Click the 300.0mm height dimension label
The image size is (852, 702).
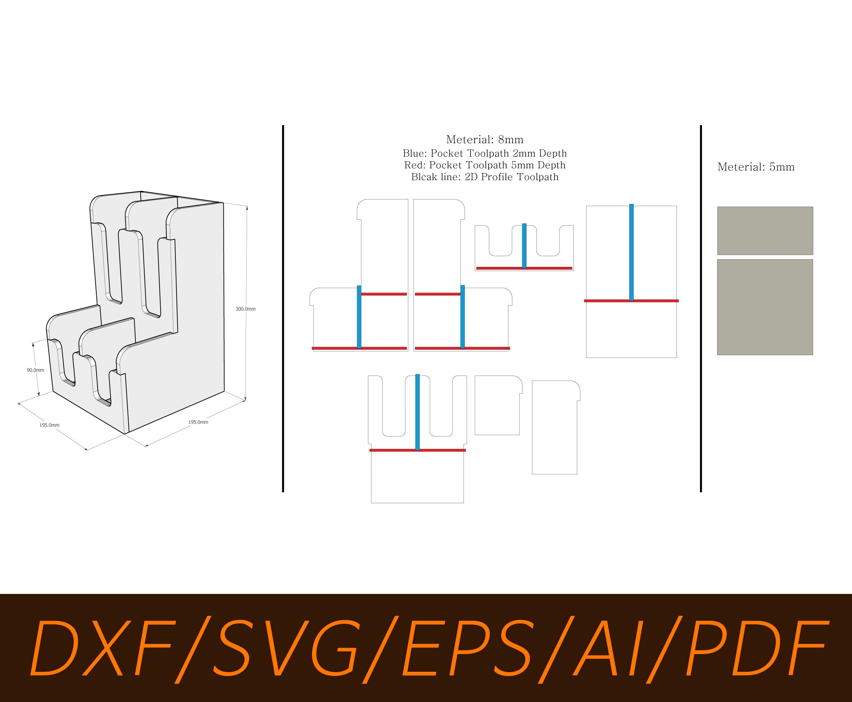coord(245,309)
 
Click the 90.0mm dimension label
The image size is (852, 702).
coord(35,370)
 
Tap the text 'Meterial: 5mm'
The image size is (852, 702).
coord(756,167)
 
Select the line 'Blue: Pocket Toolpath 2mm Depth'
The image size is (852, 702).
coord(484,154)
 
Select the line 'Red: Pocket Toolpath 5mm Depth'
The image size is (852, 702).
coord(484,165)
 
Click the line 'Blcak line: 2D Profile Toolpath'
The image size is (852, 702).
coord(484,177)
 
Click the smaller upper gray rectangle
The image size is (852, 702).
coord(765,230)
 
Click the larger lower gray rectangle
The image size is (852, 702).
coord(765,307)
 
